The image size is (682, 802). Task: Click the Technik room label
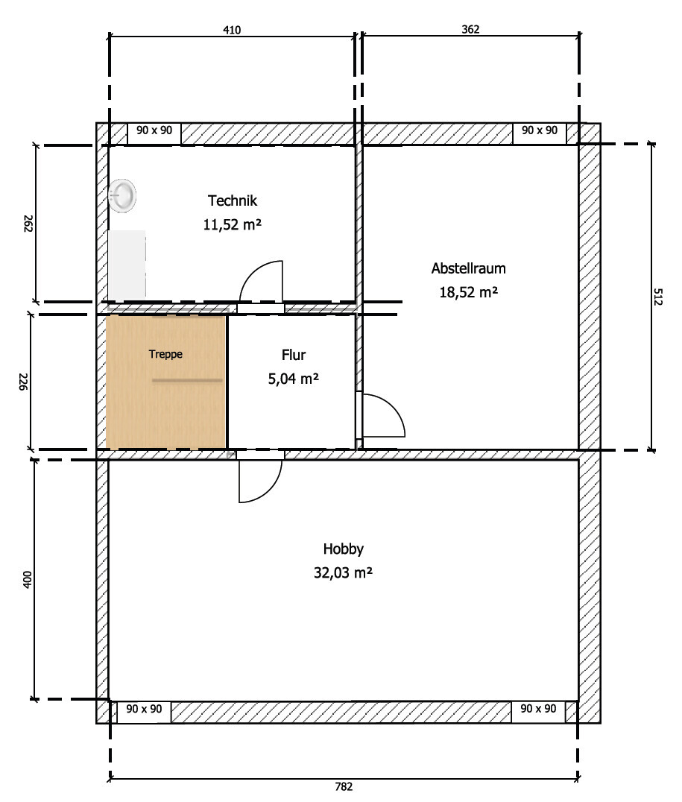tap(233, 200)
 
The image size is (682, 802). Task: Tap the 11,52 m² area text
tap(233, 224)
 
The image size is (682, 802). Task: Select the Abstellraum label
tap(468, 268)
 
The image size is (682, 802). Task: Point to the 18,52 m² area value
tap(468, 292)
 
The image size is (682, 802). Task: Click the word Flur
tap(293, 355)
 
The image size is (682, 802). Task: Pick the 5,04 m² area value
tap(293, 379)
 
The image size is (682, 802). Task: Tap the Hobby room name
tap(344, 549)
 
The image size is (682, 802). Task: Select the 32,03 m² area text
tap(343, 572)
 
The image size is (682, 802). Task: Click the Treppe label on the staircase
tap(165, 354)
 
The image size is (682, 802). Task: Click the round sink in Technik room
tap(122, 195)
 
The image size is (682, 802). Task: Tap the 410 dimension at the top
tap(232, 30)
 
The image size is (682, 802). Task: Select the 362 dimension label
tap(470, 30)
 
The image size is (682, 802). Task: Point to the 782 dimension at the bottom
tap(344, 786)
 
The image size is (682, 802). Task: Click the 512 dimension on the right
tap(658, 297)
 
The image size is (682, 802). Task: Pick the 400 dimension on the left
tap(28, 579)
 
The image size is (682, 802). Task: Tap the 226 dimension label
tap(23, 382)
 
